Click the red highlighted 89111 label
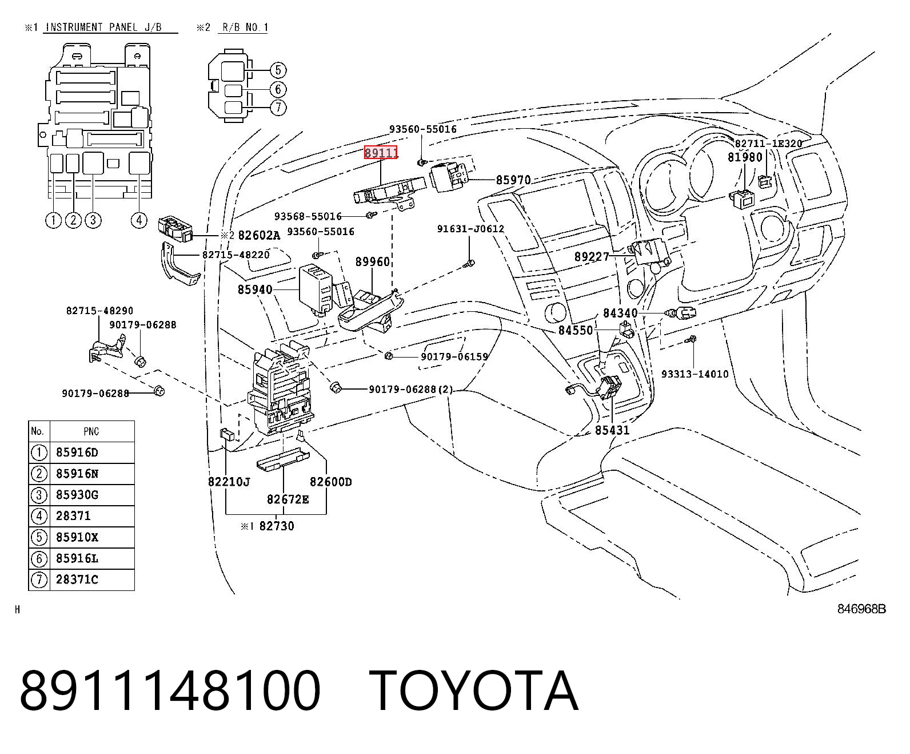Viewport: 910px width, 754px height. coord(381,152)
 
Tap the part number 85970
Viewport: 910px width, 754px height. coord(513,180)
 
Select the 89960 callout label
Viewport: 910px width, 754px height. coord(372,261)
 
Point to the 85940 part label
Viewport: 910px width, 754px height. coord(255,289)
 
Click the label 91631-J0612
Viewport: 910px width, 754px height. coord(470,229)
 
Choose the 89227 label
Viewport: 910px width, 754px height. coord(592,256)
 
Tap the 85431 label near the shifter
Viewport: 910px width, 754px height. coord(612,430)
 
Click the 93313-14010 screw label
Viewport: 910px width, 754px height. coord(695,374)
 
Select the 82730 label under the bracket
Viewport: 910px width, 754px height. coord(277,526)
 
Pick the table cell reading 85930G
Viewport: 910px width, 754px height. coord(77,494)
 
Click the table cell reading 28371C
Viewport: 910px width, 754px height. coord(77,579)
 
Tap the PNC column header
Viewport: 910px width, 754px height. coord(91,431)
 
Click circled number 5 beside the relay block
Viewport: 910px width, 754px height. coord(278,70)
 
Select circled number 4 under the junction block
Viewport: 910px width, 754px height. coord(138,220)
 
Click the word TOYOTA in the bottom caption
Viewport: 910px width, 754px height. coord(474,690)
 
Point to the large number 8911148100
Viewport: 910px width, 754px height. coord(170,690)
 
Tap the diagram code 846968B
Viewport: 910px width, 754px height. coord(861,609)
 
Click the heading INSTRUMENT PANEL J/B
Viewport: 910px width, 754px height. coord(103,27)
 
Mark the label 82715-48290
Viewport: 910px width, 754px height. coord(100,311)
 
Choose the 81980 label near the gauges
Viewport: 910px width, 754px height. coord(745,157)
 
